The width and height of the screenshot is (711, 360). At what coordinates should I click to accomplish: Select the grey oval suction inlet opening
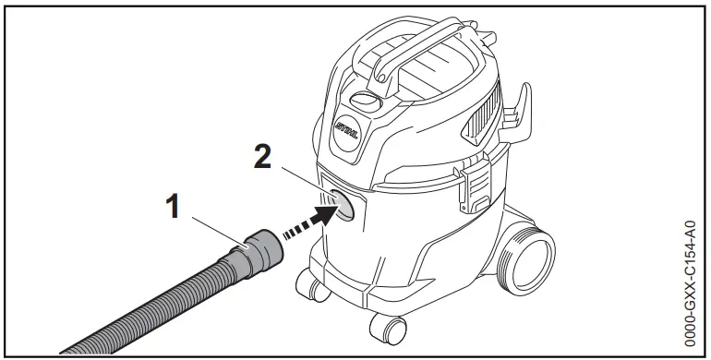pyautogui.click(x=343, y=205)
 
